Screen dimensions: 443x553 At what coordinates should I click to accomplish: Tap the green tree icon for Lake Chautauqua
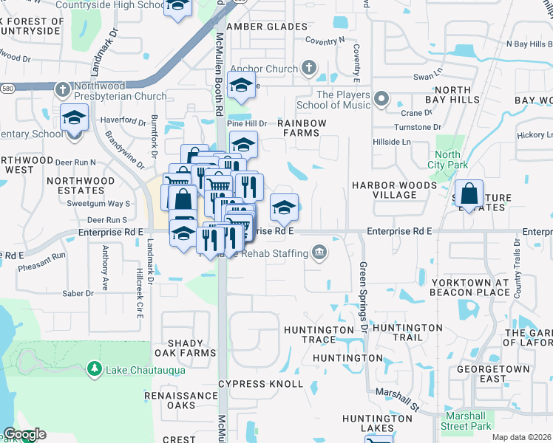click(93, 368)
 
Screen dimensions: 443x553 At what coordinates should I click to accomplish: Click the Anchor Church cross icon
click(310, 69)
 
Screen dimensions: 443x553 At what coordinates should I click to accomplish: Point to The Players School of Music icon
click(381, 98)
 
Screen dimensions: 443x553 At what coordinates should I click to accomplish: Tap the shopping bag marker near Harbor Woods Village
click(469, 196)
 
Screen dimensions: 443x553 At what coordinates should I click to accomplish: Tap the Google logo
click(24, 434)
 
